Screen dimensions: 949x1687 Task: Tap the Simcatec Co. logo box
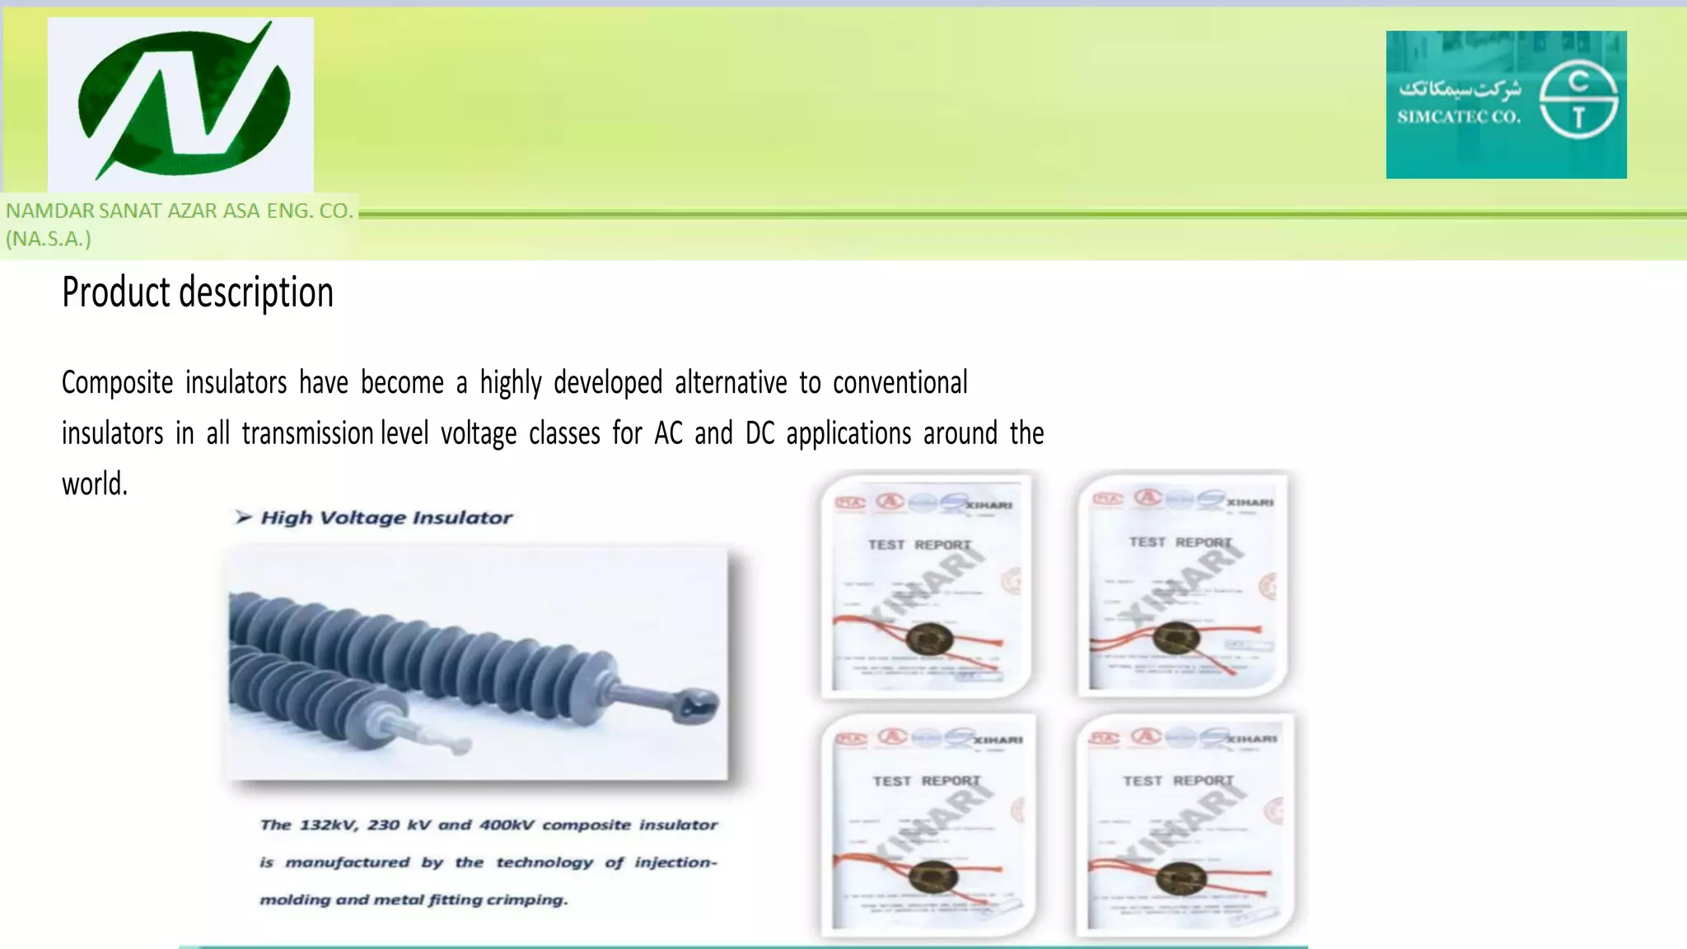[x=1506, y=105]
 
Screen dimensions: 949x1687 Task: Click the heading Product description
[x=198, y=292]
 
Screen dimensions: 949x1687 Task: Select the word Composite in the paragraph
[x=118, y=383]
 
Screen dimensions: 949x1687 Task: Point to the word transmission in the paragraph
[x=308, y=433]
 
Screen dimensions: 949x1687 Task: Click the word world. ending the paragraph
[x=95, y=484]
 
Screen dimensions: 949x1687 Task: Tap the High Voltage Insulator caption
[x=386, y=517]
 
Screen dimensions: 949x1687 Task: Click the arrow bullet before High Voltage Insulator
[x=243, y=517]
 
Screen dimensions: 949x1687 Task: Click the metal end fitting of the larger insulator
[x=697, y=705]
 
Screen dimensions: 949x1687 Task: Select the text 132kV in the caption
[x=328, y=825]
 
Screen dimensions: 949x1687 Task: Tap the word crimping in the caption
[x=527, y=900]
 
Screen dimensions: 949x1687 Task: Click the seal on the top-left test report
[x=929, y=638]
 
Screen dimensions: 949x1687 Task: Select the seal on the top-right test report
[x=1176, y=638]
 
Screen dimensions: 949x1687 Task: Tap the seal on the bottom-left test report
[x=932, y=876]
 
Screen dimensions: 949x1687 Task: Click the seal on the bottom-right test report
[x=1180, y=877]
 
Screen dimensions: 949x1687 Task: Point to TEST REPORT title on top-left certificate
[x=919, y=545]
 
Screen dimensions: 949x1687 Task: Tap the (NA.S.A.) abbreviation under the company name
[x=49, y=239]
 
